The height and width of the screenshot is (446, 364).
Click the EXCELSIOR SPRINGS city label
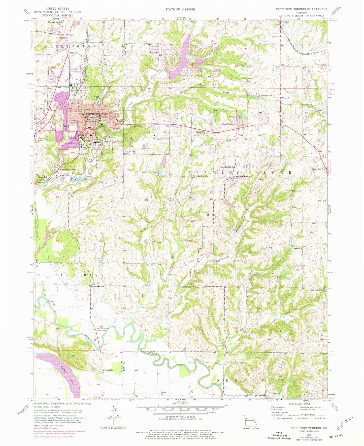point(93,114)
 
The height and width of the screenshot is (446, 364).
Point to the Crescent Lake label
point(68,170)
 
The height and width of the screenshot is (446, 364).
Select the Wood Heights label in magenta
point(229,124)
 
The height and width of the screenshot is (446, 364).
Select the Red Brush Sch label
point(317,290)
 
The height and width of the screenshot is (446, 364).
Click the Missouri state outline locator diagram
point(249,420)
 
